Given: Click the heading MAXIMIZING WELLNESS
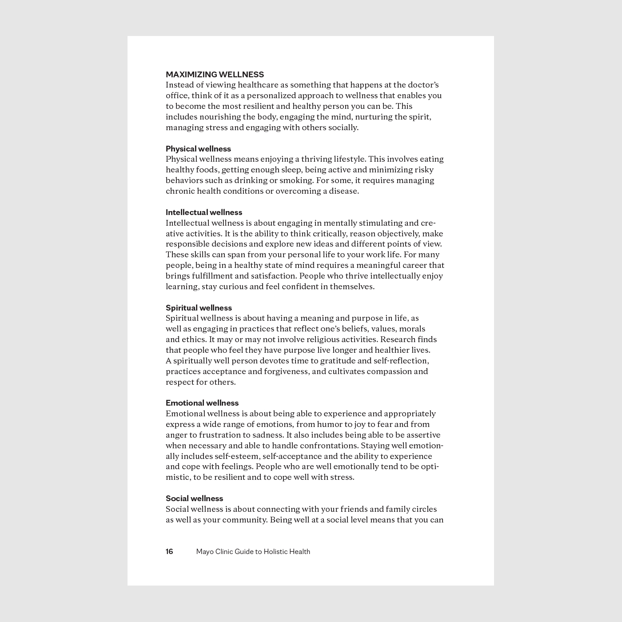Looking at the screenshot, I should coord(215,75).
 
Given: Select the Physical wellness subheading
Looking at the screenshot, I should coord(198,149).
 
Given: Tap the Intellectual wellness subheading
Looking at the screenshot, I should coord(204,212).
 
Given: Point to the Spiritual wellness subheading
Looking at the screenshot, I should coord(199,308).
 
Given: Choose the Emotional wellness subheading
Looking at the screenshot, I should coord(202,403).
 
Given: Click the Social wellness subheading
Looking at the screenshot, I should coord(194,498).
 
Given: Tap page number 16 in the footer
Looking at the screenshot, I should coord(169,552).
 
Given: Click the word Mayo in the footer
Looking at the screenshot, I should coord(205,552).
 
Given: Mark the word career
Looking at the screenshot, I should coord(413,265).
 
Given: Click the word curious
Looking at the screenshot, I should coord(233,287).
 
